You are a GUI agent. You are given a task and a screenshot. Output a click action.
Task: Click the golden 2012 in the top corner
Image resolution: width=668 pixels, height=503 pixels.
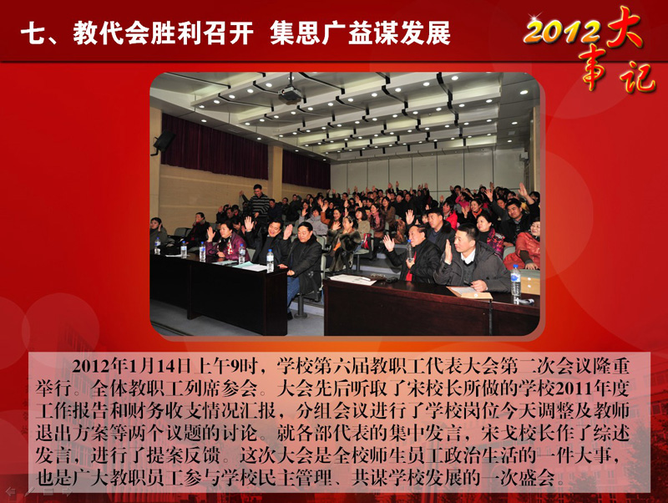click(x=561, y=31)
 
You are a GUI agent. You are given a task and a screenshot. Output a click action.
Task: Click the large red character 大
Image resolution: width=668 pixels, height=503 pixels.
click(x=625, y=27)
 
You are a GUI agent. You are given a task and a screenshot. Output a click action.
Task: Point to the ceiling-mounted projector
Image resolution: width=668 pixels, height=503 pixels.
click(x=290, y=93)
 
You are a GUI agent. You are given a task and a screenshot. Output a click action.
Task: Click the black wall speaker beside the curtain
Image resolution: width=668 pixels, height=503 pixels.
click(x=164, y=141)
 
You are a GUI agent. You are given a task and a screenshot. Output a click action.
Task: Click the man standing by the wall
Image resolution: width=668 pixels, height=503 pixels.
click(x=257, y=201)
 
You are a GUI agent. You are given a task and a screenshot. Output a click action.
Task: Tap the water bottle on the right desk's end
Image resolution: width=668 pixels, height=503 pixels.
click(x=515, y=282)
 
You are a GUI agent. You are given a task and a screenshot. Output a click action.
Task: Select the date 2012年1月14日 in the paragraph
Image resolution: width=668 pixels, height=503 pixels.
click(x=131, y=366)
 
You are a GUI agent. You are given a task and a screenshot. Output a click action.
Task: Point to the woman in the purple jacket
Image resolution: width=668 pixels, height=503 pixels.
click(x=226, y=241)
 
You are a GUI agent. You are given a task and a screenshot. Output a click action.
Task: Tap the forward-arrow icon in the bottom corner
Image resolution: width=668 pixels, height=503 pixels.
click(x=67, y=492)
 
